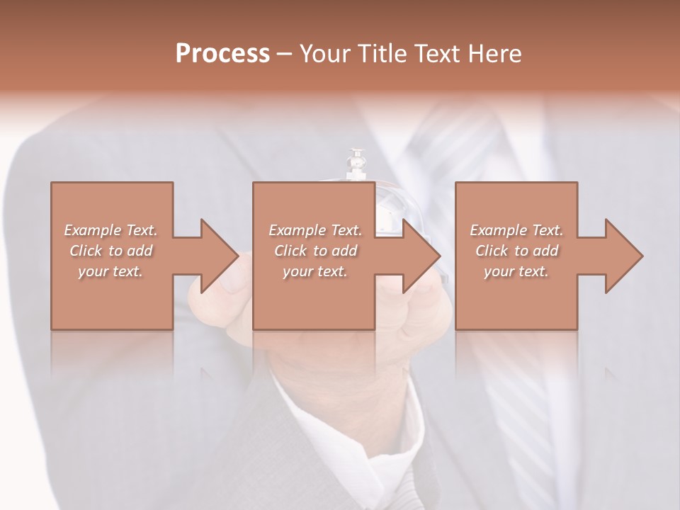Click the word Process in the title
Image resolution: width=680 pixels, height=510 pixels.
[x=222, y=54]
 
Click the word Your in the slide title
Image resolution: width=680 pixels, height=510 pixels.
[x=325, y=54]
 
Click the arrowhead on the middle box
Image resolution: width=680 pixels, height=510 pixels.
[x=420, y=256]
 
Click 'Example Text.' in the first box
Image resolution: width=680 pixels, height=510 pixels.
[x=110, y=230]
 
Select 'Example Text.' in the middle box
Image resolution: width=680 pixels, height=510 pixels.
[x=315, y=230]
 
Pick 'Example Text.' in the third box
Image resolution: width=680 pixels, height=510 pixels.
[x=516, y=230]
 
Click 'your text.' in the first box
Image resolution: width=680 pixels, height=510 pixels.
[x=110, y=271]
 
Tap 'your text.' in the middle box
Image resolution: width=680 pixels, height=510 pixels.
[x=315, y=271]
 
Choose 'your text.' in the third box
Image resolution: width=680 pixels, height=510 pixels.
[x=516, y=271]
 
